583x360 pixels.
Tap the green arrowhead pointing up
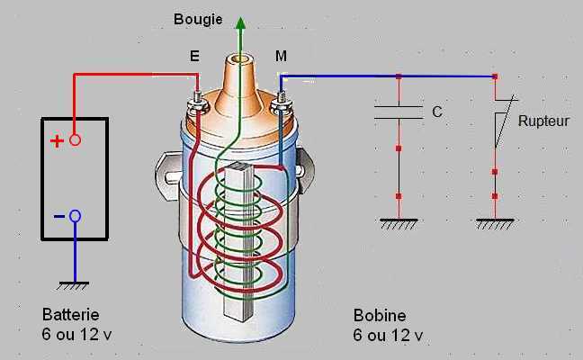click(x=240, y=22)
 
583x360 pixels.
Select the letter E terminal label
click(x=194, y=57)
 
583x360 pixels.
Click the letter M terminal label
click(x=282, y=57)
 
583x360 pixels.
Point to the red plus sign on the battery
click(x=57, y=140)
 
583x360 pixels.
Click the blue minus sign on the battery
click(x=58, y=216)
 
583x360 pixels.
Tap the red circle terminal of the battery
click(x=76, y=140)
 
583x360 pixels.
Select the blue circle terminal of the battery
click(x=76, y=216)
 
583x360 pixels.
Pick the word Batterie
click(x=70, y=316)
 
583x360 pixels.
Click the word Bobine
click(x=380, y=316)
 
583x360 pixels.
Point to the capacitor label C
click(x=437, y=112)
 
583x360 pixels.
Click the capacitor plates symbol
click(x=399, y=112)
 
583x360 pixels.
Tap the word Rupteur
click(x=543, y=120)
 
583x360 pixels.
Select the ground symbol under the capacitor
click(x=399, y=223)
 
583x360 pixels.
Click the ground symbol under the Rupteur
click(x=495, y=223)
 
